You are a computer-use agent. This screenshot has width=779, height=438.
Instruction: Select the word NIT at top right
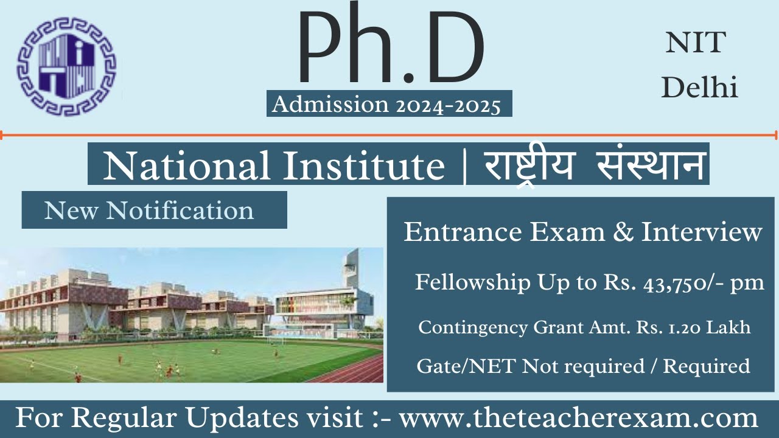click(696, 43)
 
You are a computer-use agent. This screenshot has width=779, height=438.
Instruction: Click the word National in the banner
click(187, 165)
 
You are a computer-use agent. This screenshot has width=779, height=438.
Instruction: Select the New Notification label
click(149, 210)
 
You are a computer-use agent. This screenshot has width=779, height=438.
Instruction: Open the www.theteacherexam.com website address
click(578, 419)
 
